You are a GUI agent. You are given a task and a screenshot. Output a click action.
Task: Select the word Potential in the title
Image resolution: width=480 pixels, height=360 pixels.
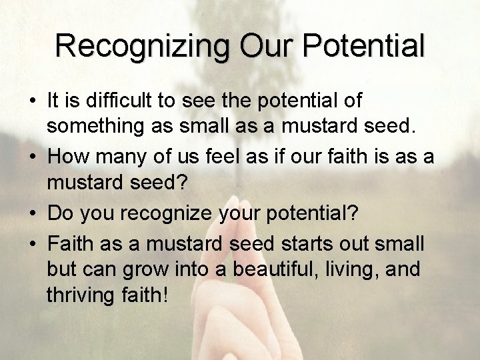(365, 45)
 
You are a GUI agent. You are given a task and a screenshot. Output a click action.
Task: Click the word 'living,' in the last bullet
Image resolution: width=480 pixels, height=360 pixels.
(360, 269)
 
